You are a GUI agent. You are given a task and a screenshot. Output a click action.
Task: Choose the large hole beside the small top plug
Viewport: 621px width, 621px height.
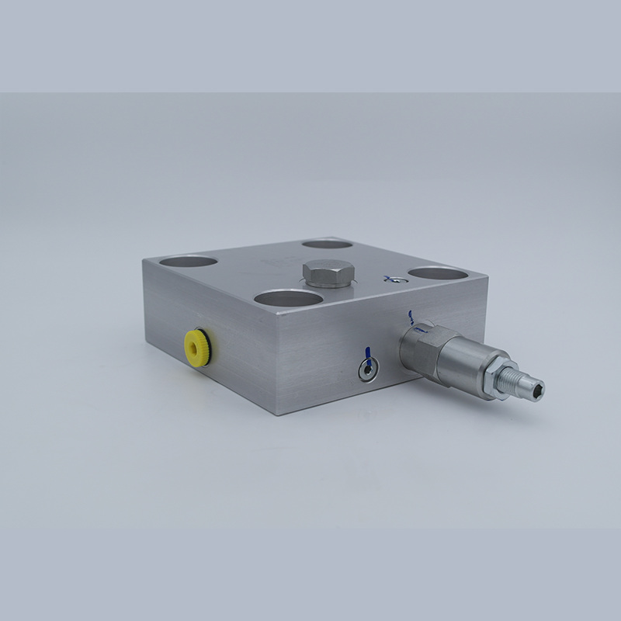point(435,274)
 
